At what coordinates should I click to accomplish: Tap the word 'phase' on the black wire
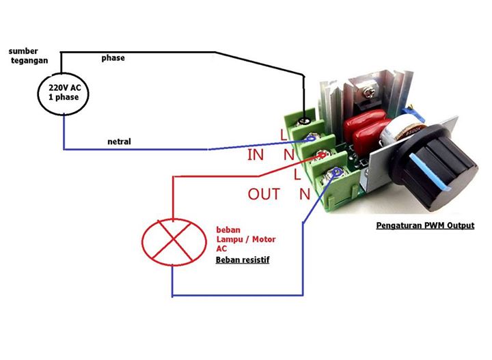point(113,57)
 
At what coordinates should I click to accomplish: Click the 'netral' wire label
point(119,141)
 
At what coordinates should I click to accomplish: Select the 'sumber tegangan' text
point(28,56)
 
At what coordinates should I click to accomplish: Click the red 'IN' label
point(256,155)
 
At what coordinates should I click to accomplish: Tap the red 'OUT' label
point(264,194)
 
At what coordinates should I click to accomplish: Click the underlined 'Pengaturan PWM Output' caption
point(425,225)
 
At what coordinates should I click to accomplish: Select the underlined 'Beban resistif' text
point(243,260)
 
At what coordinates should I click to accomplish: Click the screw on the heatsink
point(368,92)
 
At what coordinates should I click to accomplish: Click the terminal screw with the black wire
point(303,121)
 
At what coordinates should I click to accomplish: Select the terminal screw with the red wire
point(320,155)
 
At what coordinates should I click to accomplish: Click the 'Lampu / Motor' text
point(246,239)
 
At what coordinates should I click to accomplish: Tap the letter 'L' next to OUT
point(297,174)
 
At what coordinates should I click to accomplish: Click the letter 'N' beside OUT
point(305,195)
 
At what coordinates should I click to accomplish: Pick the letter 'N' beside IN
point(288,155)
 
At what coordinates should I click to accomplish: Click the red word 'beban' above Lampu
point(228,230)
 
